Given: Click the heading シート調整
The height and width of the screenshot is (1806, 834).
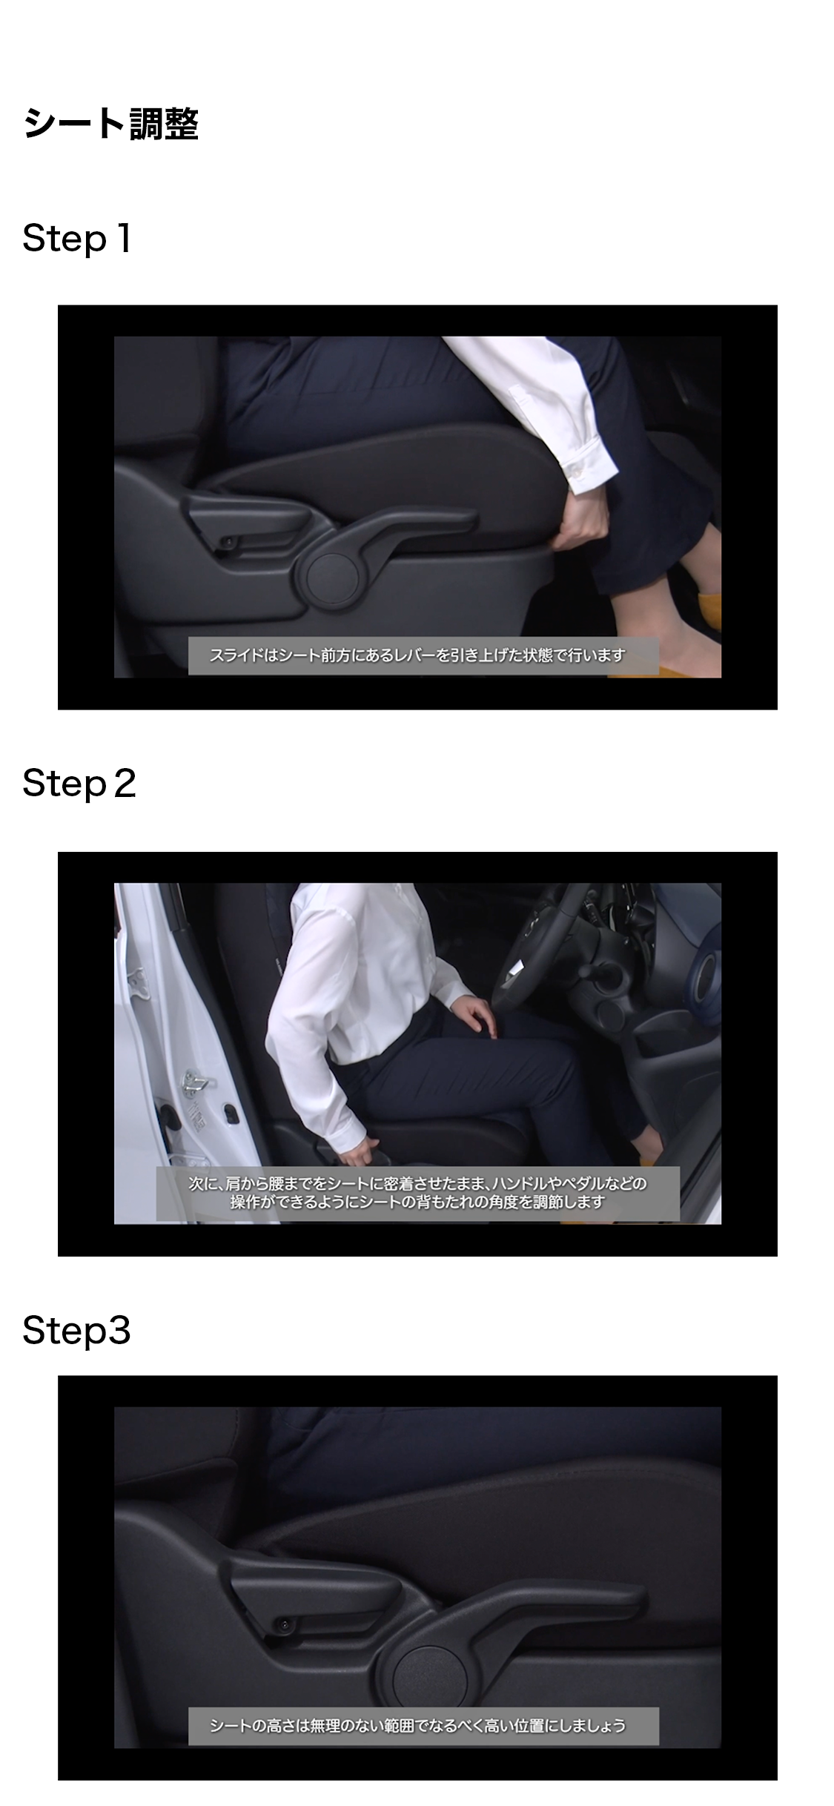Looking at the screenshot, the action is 111,123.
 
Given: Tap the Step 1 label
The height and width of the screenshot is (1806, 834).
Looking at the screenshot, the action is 77,239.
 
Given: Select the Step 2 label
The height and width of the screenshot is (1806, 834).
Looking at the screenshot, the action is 79,784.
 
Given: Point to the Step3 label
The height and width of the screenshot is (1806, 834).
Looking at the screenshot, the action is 77,1331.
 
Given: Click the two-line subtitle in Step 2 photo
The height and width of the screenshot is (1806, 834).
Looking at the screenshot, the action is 417,1193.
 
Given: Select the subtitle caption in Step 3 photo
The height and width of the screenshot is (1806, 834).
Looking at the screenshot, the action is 423,1726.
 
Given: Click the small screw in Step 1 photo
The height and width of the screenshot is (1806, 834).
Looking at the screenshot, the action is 229,543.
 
